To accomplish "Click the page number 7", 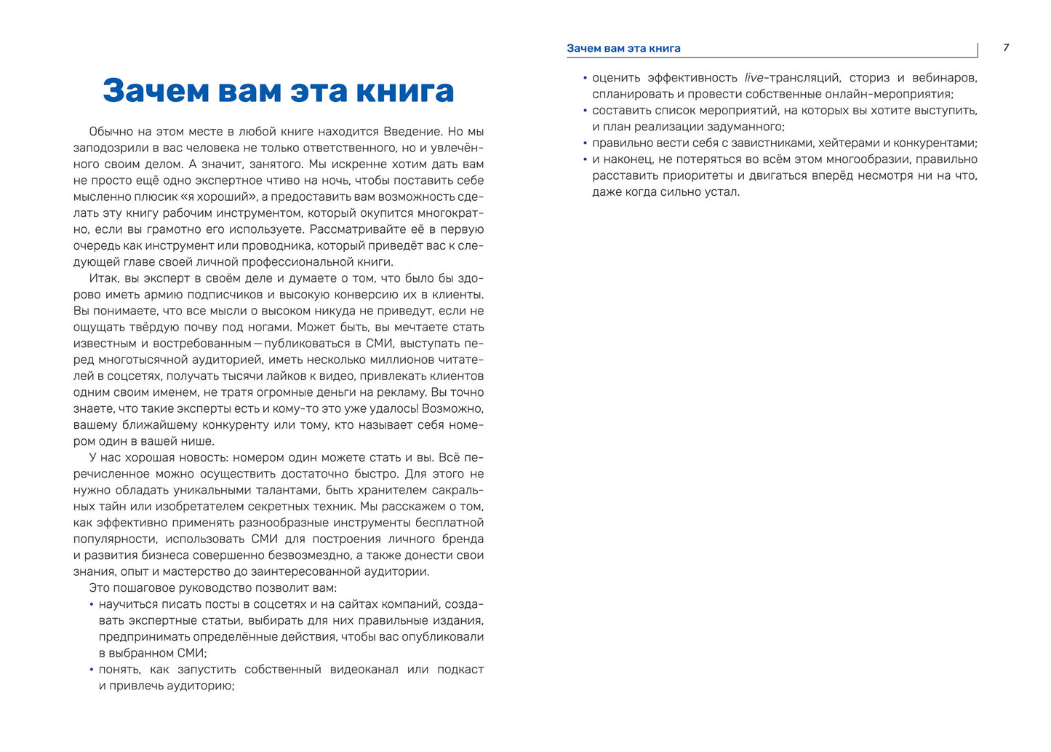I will pyautogui.click(x=1006, y=48).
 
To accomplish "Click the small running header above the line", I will pyautogui.click(x=623, y=49).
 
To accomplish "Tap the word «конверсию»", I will pyautogui.click(x=383, y=295).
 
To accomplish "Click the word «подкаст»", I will pyautogui.click(x=460, y=670).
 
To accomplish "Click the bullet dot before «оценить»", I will pyautogui.click(x=585, y=78).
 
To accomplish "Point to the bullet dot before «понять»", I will pyautogui.click(x=92, y=670).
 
